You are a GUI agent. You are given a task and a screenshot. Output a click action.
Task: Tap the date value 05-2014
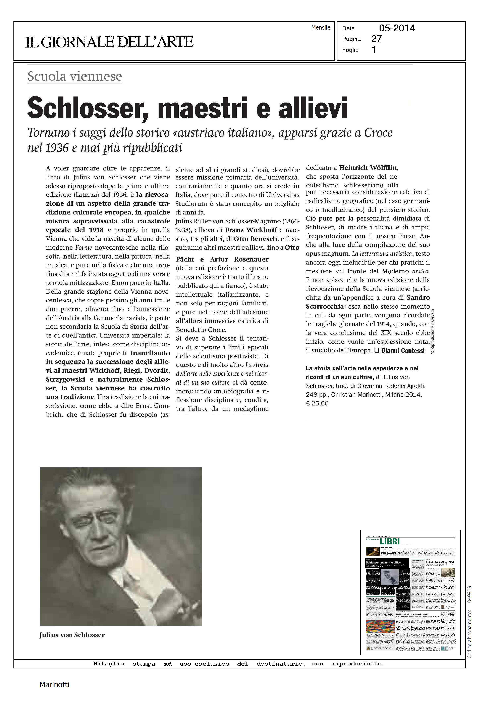397,28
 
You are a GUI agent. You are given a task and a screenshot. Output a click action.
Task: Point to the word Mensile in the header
321,28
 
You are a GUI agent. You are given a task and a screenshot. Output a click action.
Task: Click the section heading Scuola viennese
75,76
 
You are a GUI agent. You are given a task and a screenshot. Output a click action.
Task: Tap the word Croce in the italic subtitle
378,133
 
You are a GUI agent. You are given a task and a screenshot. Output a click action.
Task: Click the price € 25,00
317,403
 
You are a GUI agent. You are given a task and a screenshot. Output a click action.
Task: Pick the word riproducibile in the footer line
358,664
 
